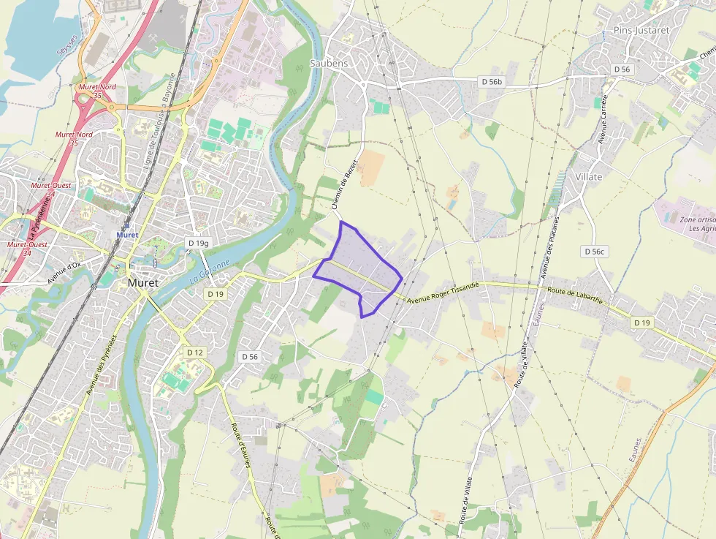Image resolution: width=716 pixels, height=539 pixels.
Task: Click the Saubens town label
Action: [x=329, y=63]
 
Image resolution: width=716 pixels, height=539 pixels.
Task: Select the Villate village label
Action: [x=589, y=177]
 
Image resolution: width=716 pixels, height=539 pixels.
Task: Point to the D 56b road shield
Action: [x=492, y=81]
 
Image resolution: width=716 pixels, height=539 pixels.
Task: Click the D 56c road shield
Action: [x=595, y=251]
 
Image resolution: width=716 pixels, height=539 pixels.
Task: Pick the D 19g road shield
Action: [x=198, y=243]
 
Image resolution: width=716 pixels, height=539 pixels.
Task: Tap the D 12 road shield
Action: [x=194, y=352]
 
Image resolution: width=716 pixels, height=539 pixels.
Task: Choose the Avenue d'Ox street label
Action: [x=64, y=273]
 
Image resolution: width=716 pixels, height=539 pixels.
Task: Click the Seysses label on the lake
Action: [x=66, y=46]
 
